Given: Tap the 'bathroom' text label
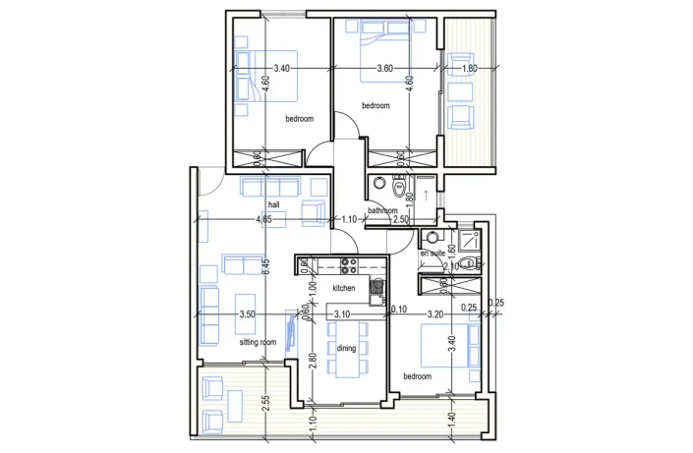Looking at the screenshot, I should [x=381, y=210].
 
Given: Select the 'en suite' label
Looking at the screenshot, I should [x=433, y=253].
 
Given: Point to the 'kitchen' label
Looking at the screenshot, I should [x=343, y=288].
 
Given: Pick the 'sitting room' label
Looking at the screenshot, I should [x=259, y=342].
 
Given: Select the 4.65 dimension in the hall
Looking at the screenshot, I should [x=263, y=219].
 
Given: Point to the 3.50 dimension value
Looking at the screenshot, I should [x=248, y=314].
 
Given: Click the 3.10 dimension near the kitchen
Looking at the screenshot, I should [x=342, y=314].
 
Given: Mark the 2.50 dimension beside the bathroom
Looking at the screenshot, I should [x=400, y=219].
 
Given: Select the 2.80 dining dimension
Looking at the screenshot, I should [x=313, y=361].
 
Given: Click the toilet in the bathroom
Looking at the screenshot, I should [x=396, y=186].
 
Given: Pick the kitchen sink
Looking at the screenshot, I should [x=375, y=286].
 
